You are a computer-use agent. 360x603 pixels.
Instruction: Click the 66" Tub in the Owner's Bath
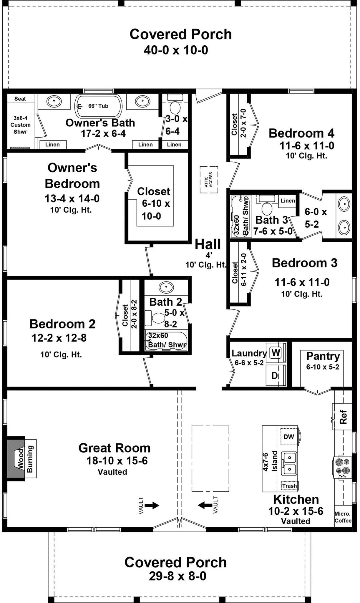(98, 106)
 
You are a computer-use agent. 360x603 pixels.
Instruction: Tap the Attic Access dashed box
(209, 179)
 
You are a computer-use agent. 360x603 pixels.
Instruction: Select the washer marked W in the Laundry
(276, 352)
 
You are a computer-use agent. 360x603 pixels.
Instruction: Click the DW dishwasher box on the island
(289, 437)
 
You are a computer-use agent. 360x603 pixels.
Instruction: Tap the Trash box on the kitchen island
(289, 486)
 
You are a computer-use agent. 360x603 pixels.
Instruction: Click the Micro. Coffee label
(343, 517)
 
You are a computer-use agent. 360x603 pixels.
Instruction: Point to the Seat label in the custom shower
(20, 99)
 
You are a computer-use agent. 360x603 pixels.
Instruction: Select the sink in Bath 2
(166, 286)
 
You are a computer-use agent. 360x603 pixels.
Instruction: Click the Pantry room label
(323, 356)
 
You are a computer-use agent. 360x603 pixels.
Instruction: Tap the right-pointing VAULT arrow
(152, 506)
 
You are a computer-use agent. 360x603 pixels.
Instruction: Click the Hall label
(208, 244)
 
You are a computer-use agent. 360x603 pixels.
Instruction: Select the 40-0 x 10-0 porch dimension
(176, 50)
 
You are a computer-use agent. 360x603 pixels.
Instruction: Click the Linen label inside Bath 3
(288, 201)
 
